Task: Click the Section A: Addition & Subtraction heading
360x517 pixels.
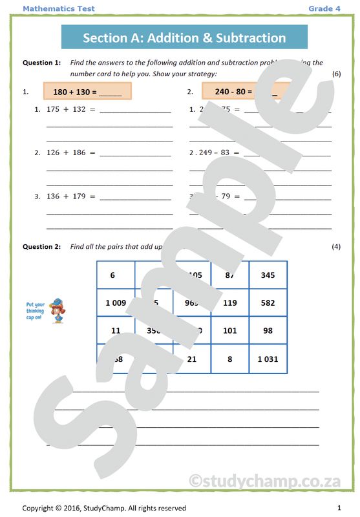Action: pyautogui.click(x=184, y=37)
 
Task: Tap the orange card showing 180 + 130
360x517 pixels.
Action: pyautogui.click(x=87, y=92)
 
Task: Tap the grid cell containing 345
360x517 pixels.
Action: pyautogui.click(x=268, y=275)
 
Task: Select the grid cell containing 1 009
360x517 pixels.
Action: pyautogui.click(x=116, y=302)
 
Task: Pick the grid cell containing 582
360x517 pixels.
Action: pyautogui.click(x=268, y=302)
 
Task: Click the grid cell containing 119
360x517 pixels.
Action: pyautogui.click(x=229, y=302)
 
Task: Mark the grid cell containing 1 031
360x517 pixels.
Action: pyautogui.click(x=268, y=359)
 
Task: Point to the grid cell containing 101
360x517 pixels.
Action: pyautogui.click(x=229, y=330)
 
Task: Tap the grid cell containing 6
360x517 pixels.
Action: pyautogui.click(x=116, y=275)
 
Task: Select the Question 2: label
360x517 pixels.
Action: pyautogui.click(x=41, y=247)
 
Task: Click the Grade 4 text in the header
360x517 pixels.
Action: pyautogui.click(x=324, y=8)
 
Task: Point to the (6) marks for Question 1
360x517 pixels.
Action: pyautogui.click(x=336, y=74)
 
